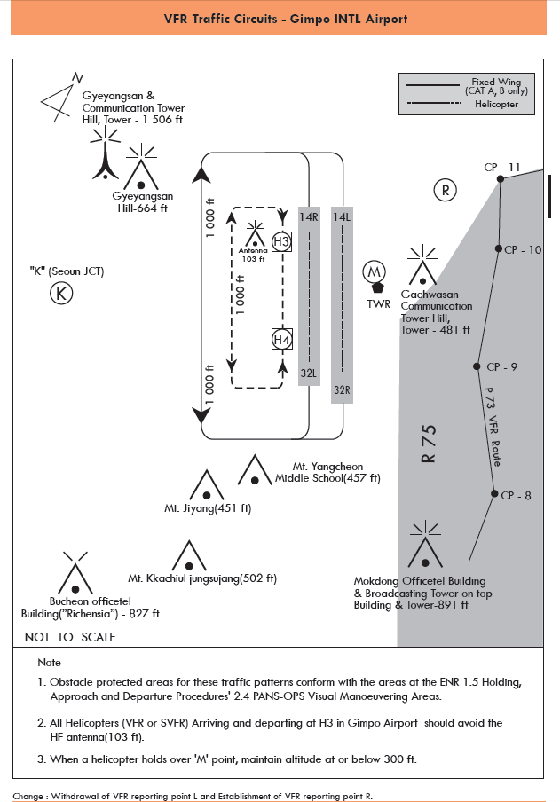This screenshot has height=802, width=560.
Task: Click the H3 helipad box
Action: point(281,242)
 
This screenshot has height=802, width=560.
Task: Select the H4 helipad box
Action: point(281,340)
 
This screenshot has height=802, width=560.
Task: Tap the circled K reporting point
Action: point(60,294)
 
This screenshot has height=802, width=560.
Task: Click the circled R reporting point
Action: point(445,189)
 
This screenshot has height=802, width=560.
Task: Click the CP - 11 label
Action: point(501,167)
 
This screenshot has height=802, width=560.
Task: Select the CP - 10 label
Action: point(523,250)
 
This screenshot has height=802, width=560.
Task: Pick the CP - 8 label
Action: point(516,495)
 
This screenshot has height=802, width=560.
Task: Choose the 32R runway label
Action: point(343,389)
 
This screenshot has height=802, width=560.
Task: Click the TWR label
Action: point(379,303)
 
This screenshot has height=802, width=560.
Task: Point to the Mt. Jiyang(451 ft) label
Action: point(208,509)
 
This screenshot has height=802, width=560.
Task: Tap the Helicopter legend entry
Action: point(494,105)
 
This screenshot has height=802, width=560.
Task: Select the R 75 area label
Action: point(430,444)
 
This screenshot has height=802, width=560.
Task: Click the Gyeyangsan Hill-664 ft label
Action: point(143,202)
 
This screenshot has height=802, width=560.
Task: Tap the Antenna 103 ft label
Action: point(253,255)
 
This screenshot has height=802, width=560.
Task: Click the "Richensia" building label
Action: point(89,613)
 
